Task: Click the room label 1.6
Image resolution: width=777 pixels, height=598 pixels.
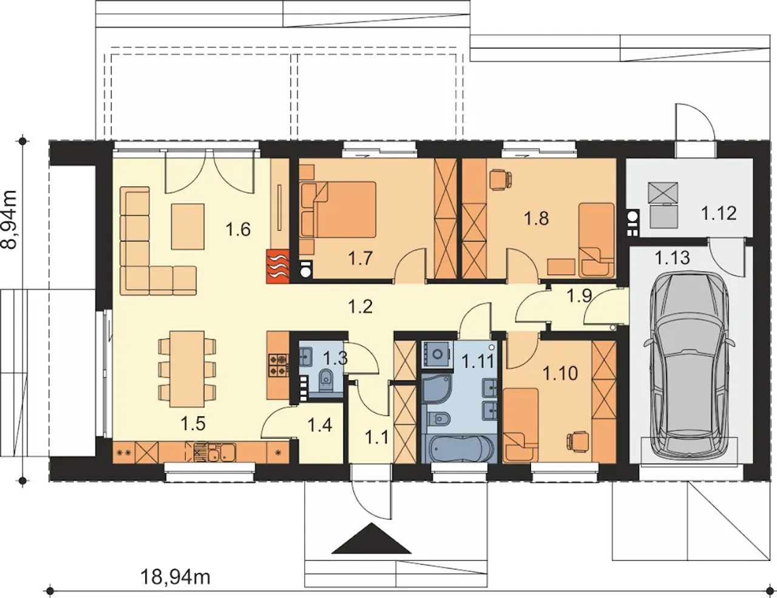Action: click(x=238, y=229)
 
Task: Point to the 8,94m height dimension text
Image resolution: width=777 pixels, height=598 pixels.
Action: click(x=9, y=219)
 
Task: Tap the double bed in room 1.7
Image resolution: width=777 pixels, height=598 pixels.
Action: click(x=339, y=210)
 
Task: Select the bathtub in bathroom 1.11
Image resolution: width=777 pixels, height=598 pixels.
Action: click(x=458, y=448)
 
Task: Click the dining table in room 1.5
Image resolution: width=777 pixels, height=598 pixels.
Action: click(x=187, y=369)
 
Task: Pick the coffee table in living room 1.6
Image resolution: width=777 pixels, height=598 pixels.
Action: click(x=188, y=226)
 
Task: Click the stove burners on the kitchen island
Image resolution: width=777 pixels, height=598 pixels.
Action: click(x=278, y=365)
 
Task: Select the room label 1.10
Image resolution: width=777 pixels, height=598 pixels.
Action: click(x=560, y=374)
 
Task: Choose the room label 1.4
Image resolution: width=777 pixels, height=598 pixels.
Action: click(x=320, y=425)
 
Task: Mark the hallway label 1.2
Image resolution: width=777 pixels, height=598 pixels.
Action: click(x=361, y=306)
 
